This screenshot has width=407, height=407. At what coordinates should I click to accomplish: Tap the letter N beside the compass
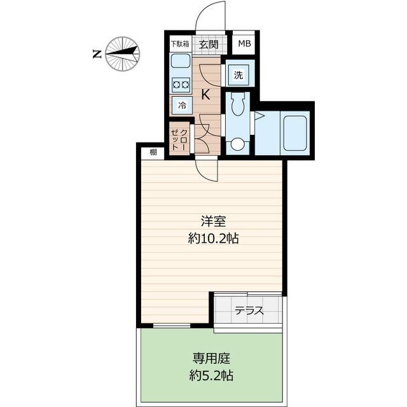(96, 54)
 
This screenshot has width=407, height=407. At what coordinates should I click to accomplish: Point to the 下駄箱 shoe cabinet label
(180, 45)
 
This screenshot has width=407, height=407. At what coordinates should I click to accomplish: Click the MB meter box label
(244, 45)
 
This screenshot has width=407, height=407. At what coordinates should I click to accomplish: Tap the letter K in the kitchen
(206, 95)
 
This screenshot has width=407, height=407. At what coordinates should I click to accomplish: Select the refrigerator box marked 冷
(182, 105)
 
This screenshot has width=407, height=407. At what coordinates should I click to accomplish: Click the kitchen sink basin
(181, 63)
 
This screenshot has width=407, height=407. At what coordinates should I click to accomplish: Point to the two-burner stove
(181, 83)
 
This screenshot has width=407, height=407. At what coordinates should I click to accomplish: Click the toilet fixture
(238, 104)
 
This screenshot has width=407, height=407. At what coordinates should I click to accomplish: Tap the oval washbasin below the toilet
(238, 144)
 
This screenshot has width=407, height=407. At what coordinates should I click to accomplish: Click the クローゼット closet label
(180, 139)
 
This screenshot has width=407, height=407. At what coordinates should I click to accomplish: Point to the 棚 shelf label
(153, 151)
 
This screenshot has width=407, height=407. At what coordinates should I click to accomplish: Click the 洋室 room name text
(212, 222)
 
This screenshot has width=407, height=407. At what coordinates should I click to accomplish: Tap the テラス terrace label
(249, 311)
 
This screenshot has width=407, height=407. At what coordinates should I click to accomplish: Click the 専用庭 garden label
(210, 357)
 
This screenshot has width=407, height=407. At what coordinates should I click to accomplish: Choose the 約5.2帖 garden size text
(210, 375)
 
